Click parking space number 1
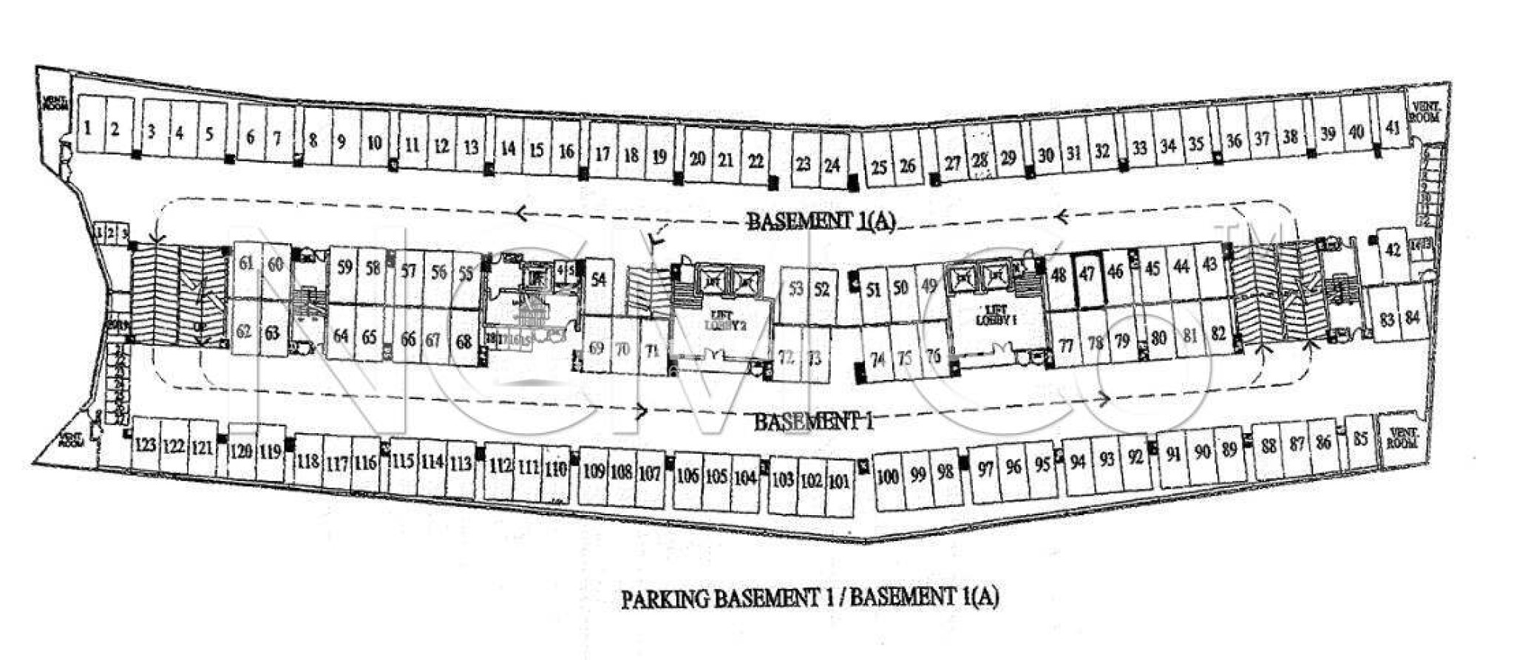pos(88,127)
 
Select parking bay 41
pos(1393,128)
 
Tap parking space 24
pos(832,165)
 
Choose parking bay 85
pos(1360,439)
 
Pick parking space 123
pos(146,445)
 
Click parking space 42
pos(1394,251)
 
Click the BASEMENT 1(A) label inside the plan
pos(821,221)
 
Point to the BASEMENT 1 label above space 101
pos(813,422)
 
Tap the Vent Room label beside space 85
pos(1402,438)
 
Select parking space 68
pos(464,342)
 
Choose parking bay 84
pos(1413,319)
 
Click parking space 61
pos(246,264)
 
